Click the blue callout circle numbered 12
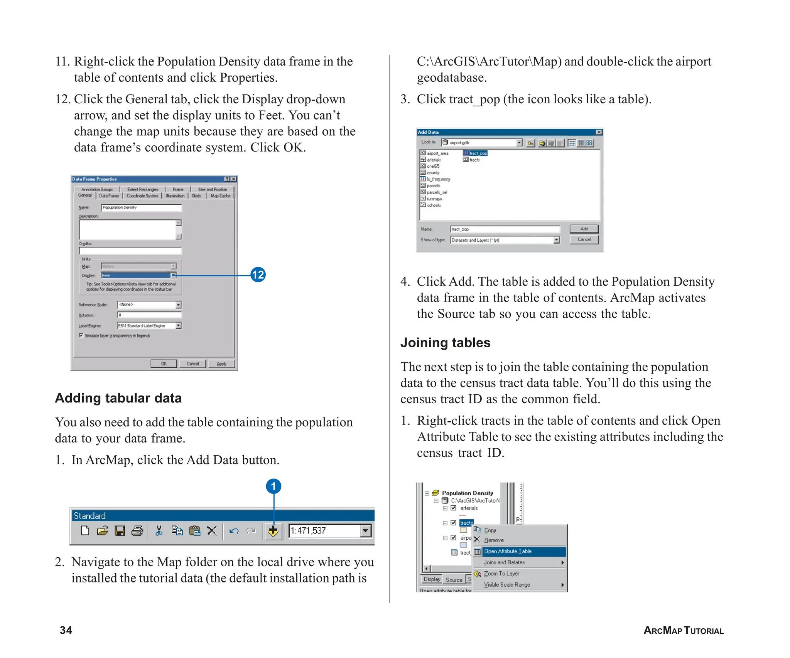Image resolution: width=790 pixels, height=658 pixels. (x=258, y=275)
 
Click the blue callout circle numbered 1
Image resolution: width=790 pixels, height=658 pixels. (x=273, y=486)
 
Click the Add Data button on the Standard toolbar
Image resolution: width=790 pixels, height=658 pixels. (x=273, y=531)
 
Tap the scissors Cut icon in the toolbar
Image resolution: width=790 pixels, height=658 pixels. (x=159, y=531)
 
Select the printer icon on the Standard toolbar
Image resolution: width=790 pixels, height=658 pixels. (x=137, y=531)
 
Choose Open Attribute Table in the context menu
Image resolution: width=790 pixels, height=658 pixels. (x=508, y=551)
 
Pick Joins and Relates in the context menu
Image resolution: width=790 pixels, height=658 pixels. (x=505, y=562)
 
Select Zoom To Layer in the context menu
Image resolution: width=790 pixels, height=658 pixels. (x=501, y=574)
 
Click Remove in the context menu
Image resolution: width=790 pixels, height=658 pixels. (x=494, y=540)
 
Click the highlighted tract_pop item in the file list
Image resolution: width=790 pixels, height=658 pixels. (x=478, y=153)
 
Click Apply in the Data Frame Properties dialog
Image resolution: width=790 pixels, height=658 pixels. (x=221, y=364)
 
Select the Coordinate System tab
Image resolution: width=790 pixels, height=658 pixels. (x=142, y=196)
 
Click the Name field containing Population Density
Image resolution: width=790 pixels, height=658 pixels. (x=141, y=208)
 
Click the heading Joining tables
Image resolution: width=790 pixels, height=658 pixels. (x=445, y=343)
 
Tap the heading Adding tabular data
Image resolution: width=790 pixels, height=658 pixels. (x=118, y=398)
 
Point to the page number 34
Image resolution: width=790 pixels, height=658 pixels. (x=66, y=630)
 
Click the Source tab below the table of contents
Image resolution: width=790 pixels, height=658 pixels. (x=454, y=580)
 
